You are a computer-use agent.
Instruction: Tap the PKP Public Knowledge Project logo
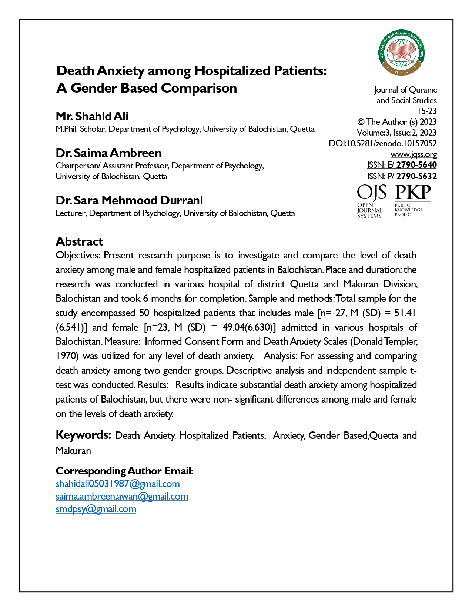pyautogui.click(x=413, y=200)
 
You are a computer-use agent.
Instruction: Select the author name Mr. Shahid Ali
pyautogui.click(x=92, y=116)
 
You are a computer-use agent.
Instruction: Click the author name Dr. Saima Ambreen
pyautogui.click(x=108, y=153)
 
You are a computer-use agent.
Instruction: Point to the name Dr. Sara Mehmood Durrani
pyautogui.click(x=129, y=200)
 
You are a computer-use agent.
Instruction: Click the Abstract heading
pyautogui.click(x=80, y=241)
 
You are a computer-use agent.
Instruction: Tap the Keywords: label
pyautogui.click(x=83, y=435)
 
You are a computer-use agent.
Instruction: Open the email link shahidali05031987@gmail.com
pyautogui.click(x=118, y=484)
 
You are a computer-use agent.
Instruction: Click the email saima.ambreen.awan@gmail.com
pyautogui.click(x=122, y=496)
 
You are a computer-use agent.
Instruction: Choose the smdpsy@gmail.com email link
pyautogui.click(x=96, y=509)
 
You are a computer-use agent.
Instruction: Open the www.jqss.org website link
pyautogui.click(x=414, y=154)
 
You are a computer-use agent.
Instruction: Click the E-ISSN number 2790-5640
pyautogui.click(x=416, y=165)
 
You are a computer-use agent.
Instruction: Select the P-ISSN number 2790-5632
pyautogui.click(x=416, y=176)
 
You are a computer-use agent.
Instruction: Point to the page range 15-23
pyautogui.click(x=427, y=111)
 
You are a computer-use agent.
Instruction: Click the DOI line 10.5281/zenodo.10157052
pyautogui.click(x=383, y=144)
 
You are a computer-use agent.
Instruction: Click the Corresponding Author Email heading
pyautogui.click(x=124, y=471)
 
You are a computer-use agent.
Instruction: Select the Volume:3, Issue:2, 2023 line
pyautogui.click(x=396, y=133)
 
